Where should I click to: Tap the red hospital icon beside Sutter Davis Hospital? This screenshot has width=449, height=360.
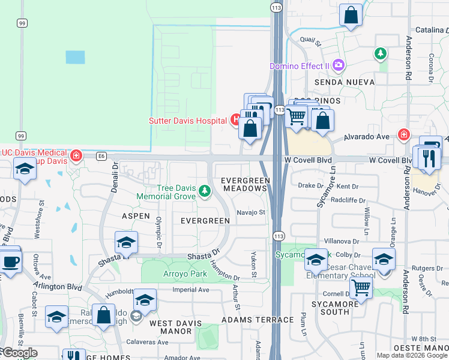coord(235,120)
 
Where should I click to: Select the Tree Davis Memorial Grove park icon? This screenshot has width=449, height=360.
coord(205,191)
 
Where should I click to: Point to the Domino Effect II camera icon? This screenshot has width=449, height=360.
coord(339,65)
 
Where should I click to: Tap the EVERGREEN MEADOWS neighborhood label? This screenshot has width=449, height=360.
coord(244,184)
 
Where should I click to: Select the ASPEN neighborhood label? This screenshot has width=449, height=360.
coord(136,215)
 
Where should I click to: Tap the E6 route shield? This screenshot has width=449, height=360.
coord(101,157)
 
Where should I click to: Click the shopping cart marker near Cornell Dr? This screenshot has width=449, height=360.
coord(360,287)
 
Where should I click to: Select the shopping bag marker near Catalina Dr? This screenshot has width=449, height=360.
coord(351,15)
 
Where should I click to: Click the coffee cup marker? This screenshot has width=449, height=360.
coord(10,262)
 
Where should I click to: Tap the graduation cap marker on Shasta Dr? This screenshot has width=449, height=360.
coord(126,243)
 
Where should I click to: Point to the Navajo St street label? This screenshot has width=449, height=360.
coord(250,212)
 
